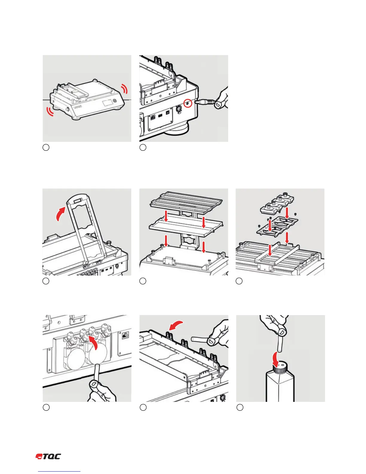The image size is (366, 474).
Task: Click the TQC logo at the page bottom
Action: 48,457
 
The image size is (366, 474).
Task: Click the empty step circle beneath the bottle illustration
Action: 240,407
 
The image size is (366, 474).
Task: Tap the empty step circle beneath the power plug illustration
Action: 143,147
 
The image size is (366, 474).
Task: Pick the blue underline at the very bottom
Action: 60,472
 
